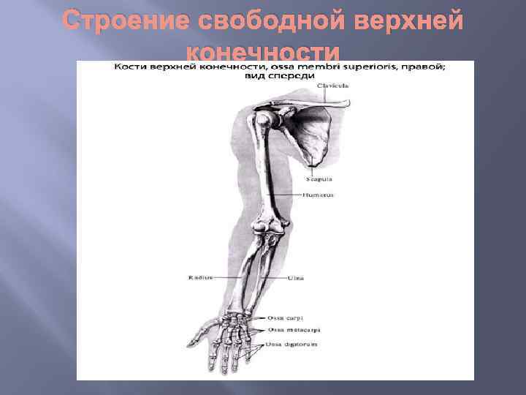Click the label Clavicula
332,86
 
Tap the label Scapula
319,178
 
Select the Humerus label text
319,195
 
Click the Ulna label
295,277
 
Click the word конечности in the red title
263,53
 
